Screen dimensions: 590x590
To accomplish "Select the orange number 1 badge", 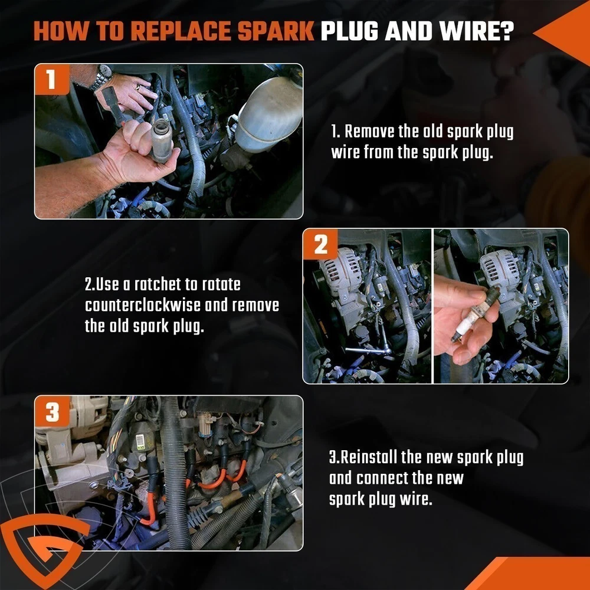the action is pyautogui.click(x=52, y=80).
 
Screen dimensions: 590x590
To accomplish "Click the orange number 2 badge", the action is pyautogui.click(x=320, y=244).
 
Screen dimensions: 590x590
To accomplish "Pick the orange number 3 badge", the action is pyautogui.click(x=52, y=412).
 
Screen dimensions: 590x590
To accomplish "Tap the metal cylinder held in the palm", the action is pyautogui.click(x=161, y=140).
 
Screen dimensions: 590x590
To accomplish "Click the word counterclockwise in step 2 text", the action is pyautogui.click(x=143, y=305).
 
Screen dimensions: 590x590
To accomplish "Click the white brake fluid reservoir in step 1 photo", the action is pyautogui.click(x=269, y=113).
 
